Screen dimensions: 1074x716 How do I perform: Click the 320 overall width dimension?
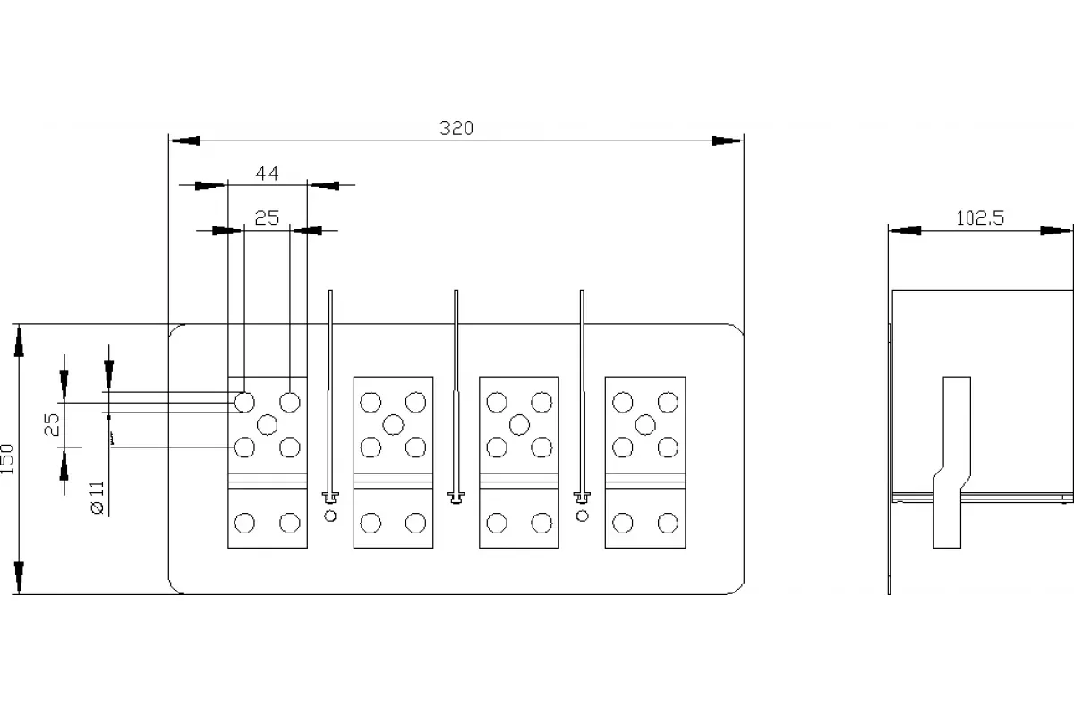(456, 128)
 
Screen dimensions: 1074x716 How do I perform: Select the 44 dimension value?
(267, 173)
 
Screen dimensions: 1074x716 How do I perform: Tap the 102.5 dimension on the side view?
(980, 218)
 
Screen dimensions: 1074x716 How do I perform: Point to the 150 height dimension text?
(7, 459)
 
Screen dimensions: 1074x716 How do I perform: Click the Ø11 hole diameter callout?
(98, 498)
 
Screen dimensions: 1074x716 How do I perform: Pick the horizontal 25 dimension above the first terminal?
(267, 218)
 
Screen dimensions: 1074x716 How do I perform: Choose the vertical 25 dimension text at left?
(52, 425)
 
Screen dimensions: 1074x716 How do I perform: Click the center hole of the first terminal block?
(267, 425)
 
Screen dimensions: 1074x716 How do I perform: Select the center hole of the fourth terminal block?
(645, 425)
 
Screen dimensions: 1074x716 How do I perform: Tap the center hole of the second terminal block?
(393, 425)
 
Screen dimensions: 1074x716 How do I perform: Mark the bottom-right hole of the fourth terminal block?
(668, 523)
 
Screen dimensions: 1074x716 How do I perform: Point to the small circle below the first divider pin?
(330, 516)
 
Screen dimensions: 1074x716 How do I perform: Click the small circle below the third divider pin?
(582, 516)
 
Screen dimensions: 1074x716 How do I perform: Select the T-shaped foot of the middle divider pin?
(456, 498)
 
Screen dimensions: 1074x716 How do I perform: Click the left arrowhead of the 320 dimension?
(185, 141)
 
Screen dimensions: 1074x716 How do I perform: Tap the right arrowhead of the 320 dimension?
(728, 141)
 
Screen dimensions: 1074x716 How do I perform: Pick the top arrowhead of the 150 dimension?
(19, 341)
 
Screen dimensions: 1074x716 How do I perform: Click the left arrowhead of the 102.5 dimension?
(905, 231)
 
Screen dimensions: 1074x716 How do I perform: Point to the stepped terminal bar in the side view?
(951, 463)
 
